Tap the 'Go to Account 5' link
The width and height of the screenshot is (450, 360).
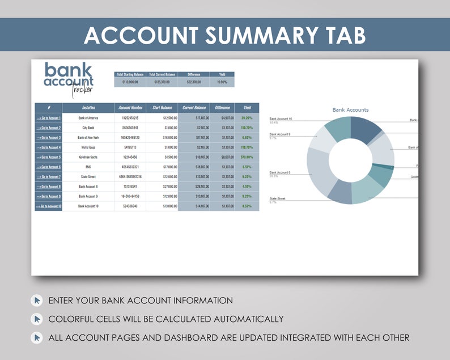coord(48,157)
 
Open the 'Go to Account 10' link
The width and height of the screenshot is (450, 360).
coord(48,206)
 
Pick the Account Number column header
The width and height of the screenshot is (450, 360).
coord(130,108)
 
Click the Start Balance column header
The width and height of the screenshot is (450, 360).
coord(162,108)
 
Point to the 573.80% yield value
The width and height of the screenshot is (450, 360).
coord(247,157)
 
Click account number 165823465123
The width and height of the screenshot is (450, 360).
coord(130,137)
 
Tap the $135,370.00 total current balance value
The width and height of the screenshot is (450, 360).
coord(162,82)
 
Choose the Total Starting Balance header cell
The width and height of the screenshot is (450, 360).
coord(130,74)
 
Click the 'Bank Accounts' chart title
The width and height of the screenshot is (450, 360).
coord(350,110)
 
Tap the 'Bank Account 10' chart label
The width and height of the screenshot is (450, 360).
coord(281,118)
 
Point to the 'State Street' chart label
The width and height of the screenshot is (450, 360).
coord(277,198)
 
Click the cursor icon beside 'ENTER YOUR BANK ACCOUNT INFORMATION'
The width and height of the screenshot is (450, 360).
coord(37,300)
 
